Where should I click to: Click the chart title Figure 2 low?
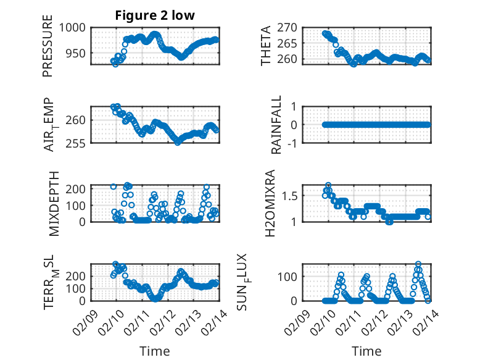pyautogui.click(x=155, y=15)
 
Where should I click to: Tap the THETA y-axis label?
pyautogui.click(x=266, y=46)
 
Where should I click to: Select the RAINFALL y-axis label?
pyautogui.click(x=277, y=125)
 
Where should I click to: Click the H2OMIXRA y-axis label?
pyautogui.click(x=270, y=203)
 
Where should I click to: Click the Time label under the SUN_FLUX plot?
pyautogui.click(x=366, y=351)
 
